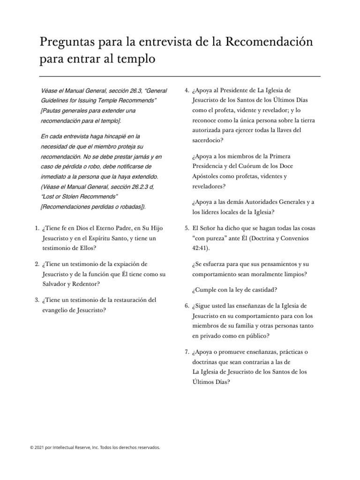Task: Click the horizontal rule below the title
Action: pos(180,76)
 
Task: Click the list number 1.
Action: pos(36,228)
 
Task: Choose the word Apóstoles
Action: pos(208,176)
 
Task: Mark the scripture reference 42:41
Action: pos(200,248)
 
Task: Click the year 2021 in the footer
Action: pos(39,448)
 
